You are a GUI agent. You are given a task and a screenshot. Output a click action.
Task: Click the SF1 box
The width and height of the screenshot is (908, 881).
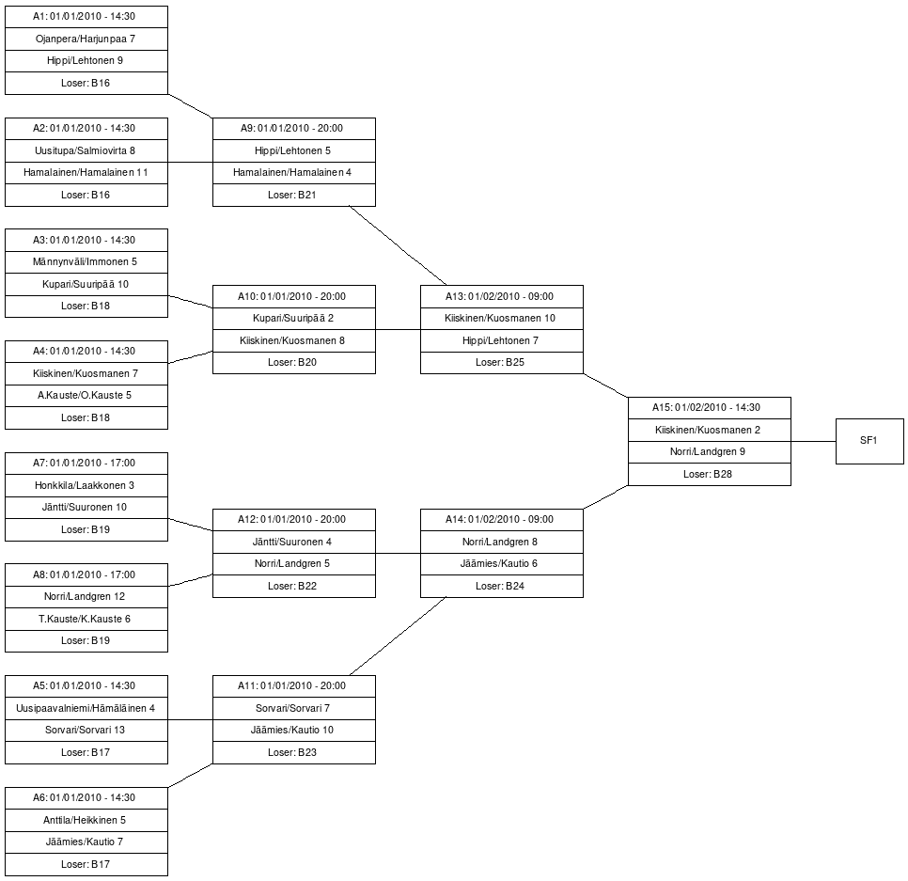pyautogui.click(x=869, y=441)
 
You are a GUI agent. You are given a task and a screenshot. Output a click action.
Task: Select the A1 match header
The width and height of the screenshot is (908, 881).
pyautogui.click(x=86, y=17)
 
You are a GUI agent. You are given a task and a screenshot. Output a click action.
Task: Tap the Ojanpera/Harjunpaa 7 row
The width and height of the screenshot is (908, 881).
pyautogui.click(x=86, y=39)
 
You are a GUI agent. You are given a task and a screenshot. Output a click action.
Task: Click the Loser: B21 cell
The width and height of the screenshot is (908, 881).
pyautogui.click(x=293, y=196)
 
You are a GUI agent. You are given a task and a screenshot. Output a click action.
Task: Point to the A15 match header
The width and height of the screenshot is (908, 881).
pyautogui.click(x=710, y=408)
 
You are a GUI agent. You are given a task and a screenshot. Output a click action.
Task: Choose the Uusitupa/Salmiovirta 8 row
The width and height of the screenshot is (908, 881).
pyautogui.click(x=86, y=150)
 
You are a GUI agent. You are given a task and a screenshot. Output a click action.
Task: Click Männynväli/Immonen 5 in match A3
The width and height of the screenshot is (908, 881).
pyautogui.click(x=86, y=261)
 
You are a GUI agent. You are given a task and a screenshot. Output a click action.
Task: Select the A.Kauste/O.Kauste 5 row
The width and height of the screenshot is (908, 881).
pyautogui.click(x=86, y=396)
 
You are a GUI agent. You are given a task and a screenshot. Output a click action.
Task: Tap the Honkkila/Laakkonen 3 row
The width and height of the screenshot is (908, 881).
pyautogui.click(x=86, y=485)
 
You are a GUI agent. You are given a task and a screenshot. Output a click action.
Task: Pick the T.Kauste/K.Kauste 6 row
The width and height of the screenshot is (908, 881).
pyautogui.click(x=86, y=620)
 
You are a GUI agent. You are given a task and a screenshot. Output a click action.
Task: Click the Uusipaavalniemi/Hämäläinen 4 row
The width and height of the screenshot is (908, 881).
pyautogui.click(x=86, y=708)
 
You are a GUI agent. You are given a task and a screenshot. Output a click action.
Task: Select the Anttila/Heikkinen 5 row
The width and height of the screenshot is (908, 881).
pyautogui.click(x=86, y=820)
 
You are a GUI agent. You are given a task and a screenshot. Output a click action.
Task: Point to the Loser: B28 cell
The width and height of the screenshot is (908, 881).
pyautogui.click(x=710, y=475)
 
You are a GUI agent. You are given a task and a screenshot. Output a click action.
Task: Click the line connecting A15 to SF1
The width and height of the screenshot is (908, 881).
pyautogui.click(x=813, y=441)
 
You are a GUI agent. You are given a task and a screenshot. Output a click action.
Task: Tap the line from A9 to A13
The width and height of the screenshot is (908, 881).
pyautogui.click(x=398, y=245)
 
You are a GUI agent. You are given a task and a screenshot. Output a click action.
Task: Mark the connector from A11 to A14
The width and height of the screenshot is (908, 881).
pyautogui.click(x=398, y=636)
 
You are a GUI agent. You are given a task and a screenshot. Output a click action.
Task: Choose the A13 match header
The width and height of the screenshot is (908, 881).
pyautogui.click(x=502, y=296)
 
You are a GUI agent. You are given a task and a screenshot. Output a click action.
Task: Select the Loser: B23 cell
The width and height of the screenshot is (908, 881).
pyautogui.click(x=293, y=752)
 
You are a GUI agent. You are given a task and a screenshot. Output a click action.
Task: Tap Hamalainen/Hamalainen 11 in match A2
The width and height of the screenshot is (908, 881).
pyautogui.click(x=86, y=173)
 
